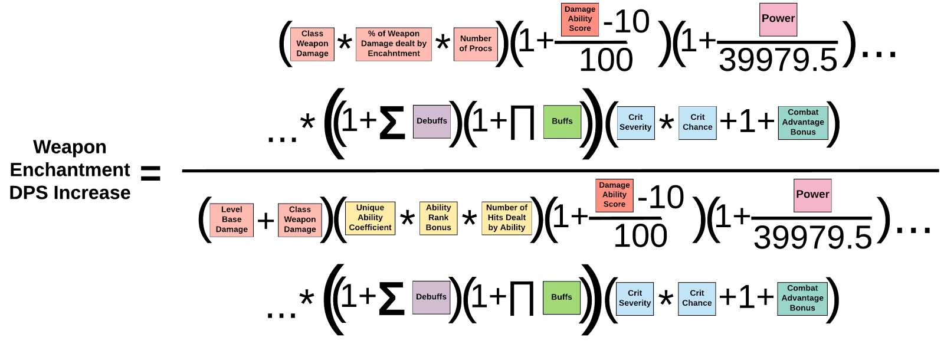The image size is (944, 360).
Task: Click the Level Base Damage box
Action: point(231,220)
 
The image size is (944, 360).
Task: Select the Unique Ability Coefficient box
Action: point(370,218)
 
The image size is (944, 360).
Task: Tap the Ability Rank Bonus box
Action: point(438,218)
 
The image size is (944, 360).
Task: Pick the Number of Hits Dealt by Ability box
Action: point(507,218)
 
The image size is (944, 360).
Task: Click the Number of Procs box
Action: point(476,44)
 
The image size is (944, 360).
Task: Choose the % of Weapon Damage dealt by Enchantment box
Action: point(394,44)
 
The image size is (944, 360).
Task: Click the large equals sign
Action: point(150,174)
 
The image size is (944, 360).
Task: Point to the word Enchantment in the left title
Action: point(70,170)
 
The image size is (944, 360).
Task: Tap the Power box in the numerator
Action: point(778,19)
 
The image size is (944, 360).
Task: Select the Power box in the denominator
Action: point(812,195)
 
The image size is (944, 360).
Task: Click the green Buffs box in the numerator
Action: point(562,122)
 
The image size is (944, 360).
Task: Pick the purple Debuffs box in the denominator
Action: point(431,297)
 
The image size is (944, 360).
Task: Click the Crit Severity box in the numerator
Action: point(635,123)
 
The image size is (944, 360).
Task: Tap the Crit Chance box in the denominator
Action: point(697,299)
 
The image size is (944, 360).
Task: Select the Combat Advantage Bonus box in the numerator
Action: point(803,123)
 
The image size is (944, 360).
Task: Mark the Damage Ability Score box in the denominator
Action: point(614,195)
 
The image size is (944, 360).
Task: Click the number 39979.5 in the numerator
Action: point(778,60)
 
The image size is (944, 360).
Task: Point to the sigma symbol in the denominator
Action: point(392,299)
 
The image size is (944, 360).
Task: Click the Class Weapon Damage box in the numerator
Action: point(312,44)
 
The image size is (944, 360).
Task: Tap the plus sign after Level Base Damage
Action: point(266,221)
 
